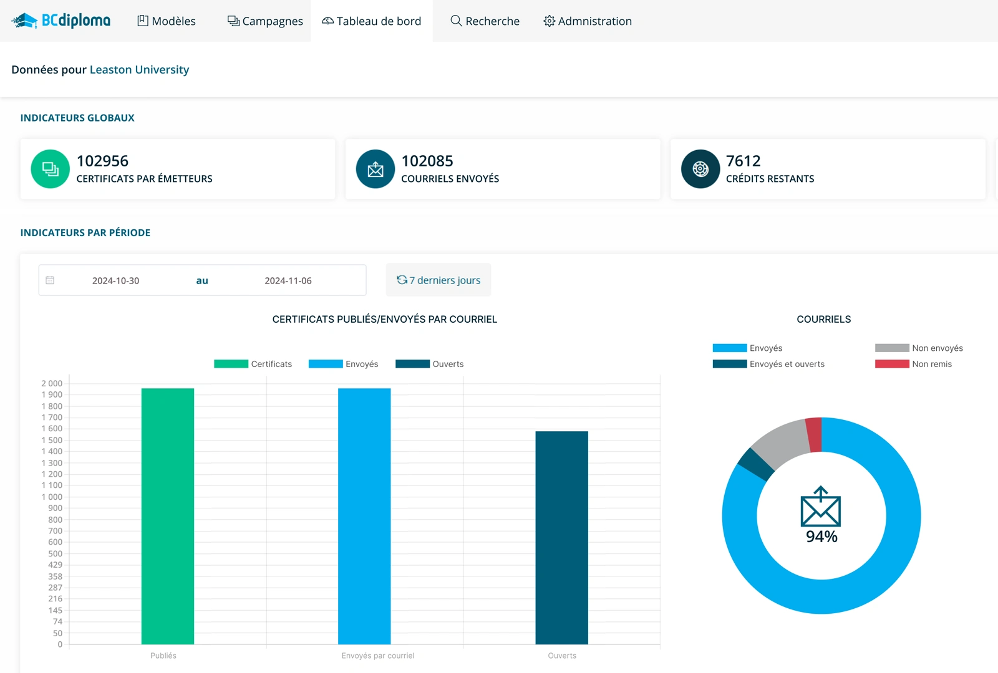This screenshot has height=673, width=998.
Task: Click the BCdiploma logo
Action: pos(61,21)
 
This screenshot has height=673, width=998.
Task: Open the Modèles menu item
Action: pos(166,21)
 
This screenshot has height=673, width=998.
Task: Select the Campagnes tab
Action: pos(265,21)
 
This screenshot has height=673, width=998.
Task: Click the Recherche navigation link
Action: pos(485,21)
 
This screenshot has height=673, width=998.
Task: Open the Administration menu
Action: pos(587,21)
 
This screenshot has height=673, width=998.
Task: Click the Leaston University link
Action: pos(139,70)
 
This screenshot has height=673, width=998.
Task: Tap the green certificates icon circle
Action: pos(50,169)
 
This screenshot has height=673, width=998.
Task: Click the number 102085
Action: pos(427,161)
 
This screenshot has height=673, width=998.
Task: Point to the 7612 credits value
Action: pos(743,161)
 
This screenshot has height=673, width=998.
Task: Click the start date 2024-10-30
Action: pos(115,281)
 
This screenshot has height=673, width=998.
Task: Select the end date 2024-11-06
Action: pos(288,281)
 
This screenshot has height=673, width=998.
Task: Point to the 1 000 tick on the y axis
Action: pos(52,497)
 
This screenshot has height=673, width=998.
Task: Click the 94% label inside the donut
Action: pos(821,537)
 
